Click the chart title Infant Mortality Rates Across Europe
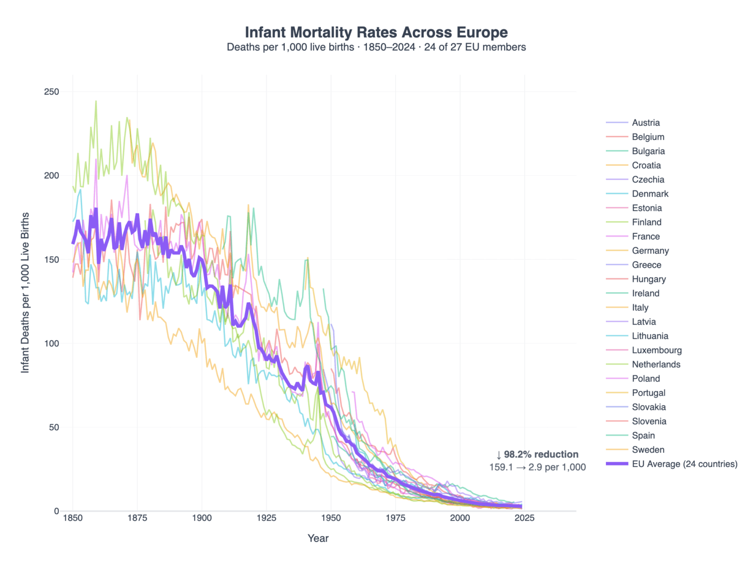point(376,32)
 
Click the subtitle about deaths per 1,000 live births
point(376,48)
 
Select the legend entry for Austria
point(645,123)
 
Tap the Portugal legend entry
point(648,393)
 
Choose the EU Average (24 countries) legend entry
point(684,464)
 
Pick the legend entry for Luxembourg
point(656,350)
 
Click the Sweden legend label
point(648,449)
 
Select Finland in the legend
point(646,222)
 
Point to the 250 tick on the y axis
point(51,92)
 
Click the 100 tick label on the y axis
point(51,343)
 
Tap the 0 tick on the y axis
point(56,511)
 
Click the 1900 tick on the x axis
point(201,518)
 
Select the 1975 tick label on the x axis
point(395,518)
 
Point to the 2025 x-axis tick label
point(524,518)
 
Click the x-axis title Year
point(318,538)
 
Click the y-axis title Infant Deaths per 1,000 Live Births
point(25,293)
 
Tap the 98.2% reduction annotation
point(537,454)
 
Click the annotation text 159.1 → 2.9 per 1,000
point(537,467)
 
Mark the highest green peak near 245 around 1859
point(96,101)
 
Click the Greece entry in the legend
point(646,265)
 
